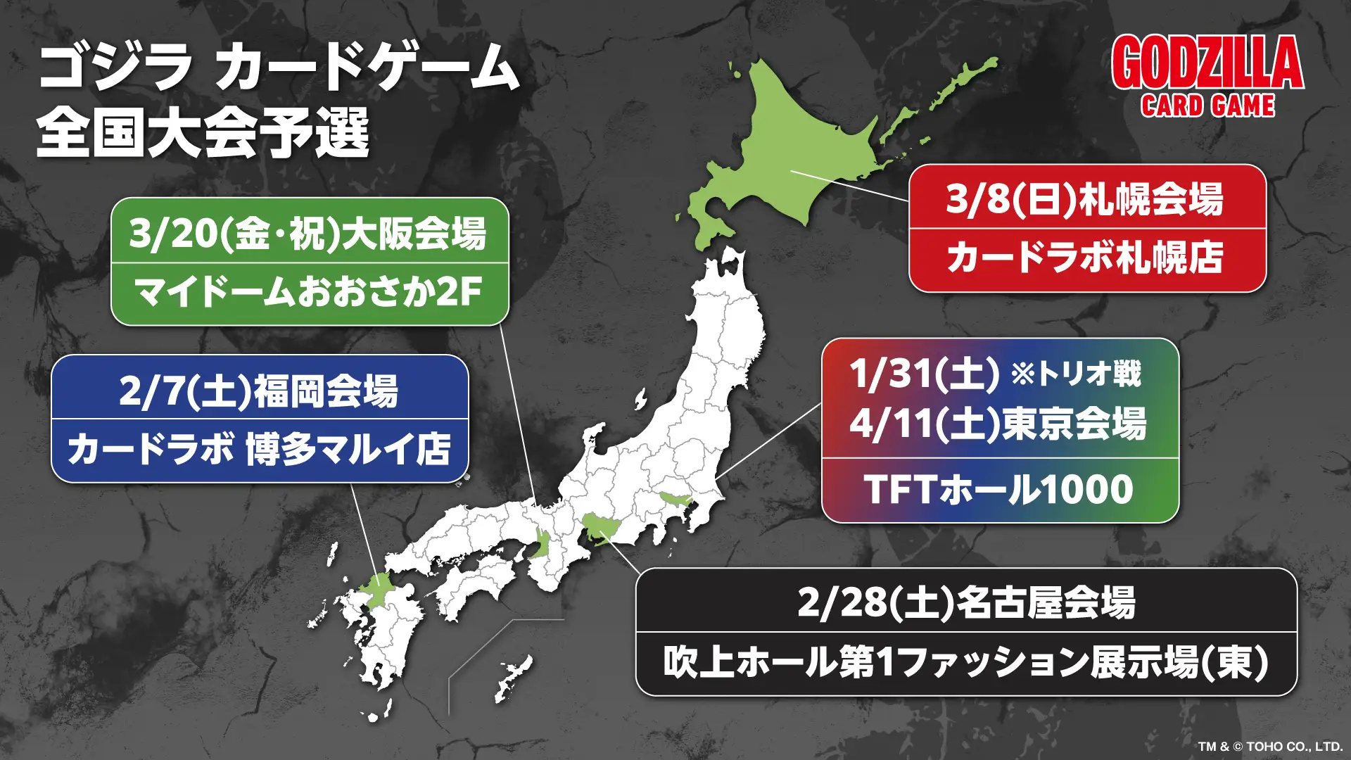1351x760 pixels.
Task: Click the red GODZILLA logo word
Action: click(x=1207, y=63)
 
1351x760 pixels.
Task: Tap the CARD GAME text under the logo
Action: click(x=1207, y=106)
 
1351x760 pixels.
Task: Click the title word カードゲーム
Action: click(x=367, y=67)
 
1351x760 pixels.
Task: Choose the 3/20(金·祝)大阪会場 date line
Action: click(x=308, y=234)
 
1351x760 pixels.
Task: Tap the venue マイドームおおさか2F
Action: click(x=308, y=291)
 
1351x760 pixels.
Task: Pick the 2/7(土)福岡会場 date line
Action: click(x=259, y=391)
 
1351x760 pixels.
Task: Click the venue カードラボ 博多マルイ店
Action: click(x=259, y=449)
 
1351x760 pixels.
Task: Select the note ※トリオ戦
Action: click(x=1077, y=373)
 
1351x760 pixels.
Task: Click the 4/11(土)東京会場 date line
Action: click(x=998, y=424)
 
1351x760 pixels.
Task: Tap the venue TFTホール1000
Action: click(x=998, y=490)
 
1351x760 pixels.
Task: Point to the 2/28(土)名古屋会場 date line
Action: click(x=966, y=603)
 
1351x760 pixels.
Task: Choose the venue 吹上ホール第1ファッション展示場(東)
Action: click(x=966, y=662)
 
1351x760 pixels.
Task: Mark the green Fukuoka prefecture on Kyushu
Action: click(x=380, y=590)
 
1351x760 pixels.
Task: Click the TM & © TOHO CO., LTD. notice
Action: click(x=1270, y=746)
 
